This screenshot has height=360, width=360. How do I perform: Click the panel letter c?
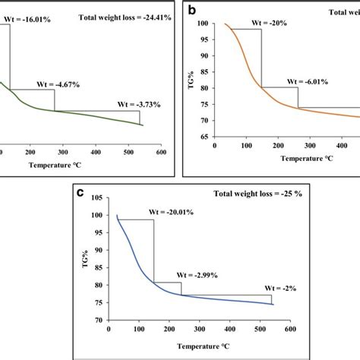point(80,193)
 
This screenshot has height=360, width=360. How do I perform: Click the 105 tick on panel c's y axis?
point(96,198)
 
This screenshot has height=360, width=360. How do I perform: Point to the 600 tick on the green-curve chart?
point(162,152)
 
